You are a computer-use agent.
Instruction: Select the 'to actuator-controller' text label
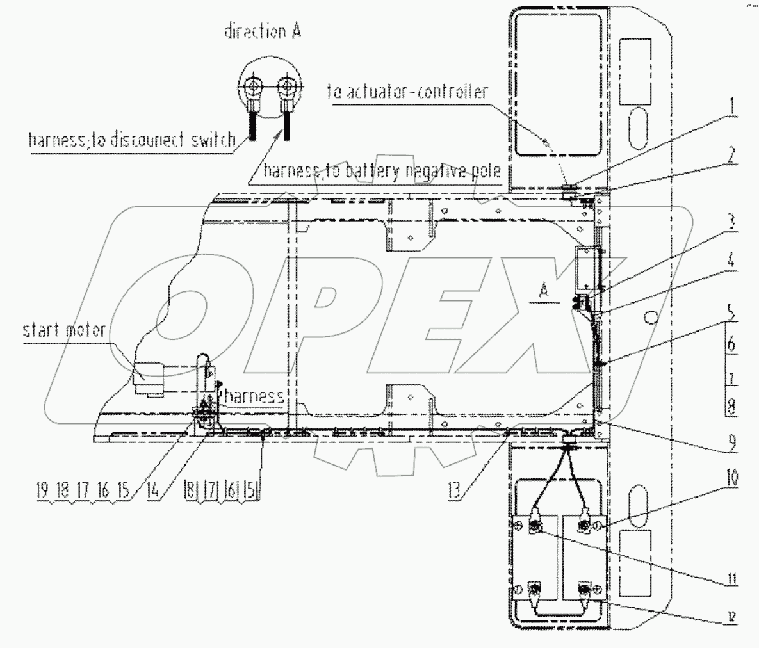407,92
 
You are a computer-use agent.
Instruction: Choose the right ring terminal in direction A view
284,87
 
